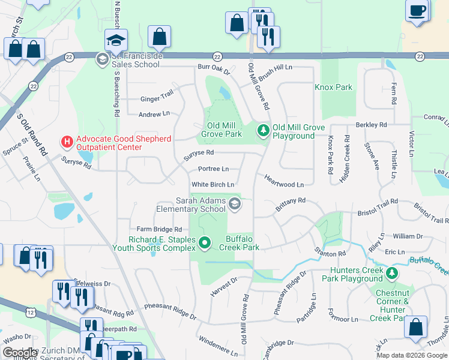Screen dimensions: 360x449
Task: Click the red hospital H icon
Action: [67, 142]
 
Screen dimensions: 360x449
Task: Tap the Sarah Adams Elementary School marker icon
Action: [235, 205]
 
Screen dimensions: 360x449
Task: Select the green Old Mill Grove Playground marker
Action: [262, 130]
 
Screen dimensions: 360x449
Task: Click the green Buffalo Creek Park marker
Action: [205, 243]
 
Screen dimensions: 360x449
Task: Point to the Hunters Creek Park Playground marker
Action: [391, 274]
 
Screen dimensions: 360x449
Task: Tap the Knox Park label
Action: [333, 87]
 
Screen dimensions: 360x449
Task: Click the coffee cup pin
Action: [417, 10]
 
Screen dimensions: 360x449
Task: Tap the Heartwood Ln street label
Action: [283, 185]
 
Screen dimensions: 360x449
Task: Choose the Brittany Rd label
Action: [291, 204]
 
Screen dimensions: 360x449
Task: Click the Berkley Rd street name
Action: [372, 125]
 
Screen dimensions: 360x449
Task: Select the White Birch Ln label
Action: [212, 185]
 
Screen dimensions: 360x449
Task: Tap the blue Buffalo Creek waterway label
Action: [429, 262]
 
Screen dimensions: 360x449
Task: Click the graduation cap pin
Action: [116, 41]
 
